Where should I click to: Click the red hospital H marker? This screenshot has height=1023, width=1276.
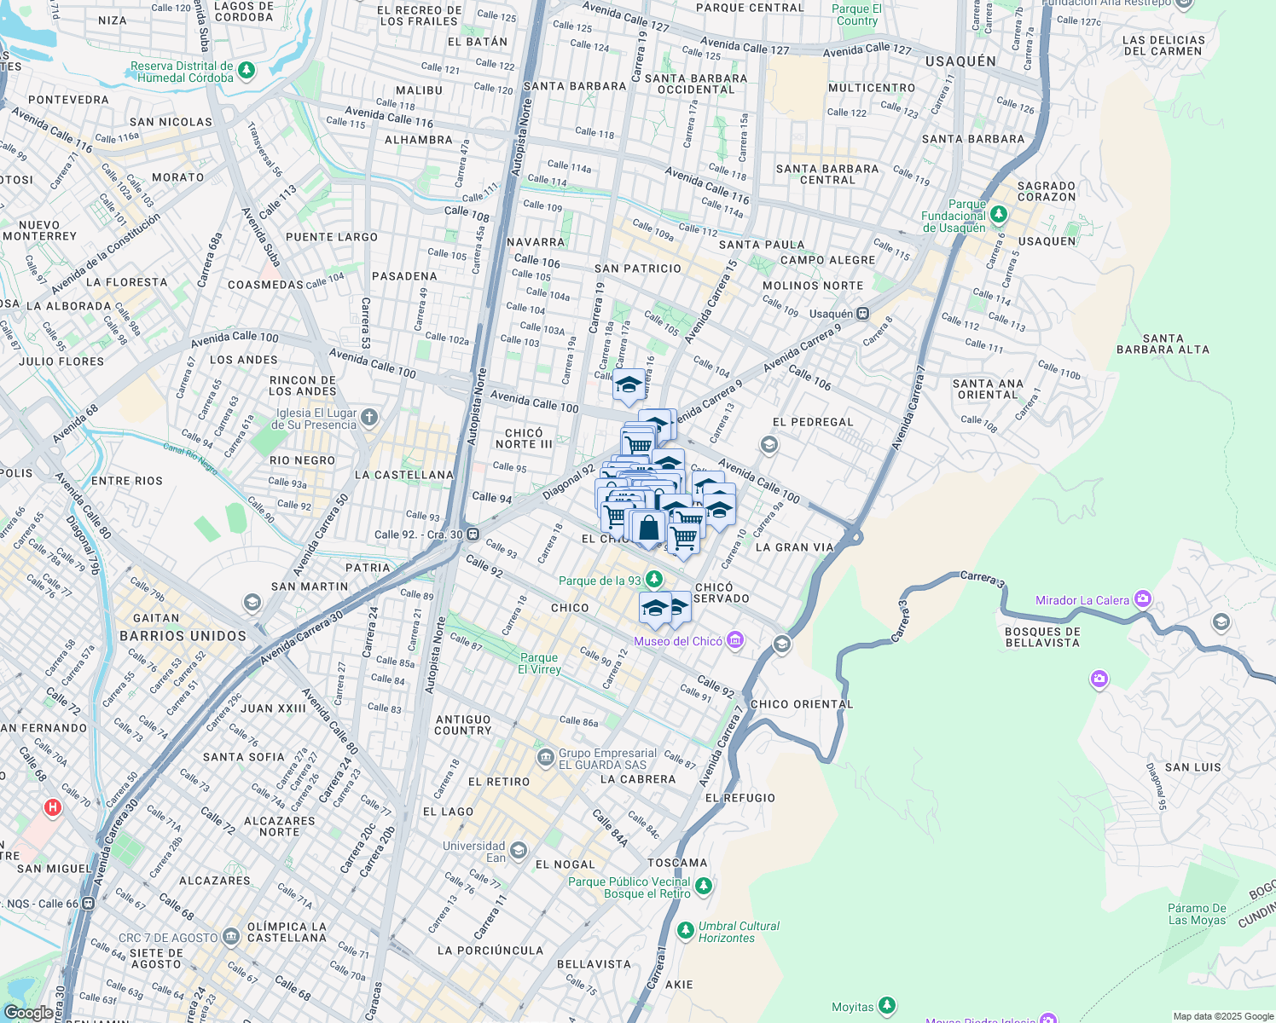click(52, 806)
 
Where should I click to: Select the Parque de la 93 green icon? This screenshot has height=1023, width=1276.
click(654, 580)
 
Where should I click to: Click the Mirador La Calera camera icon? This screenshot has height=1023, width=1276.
click(1142, 599)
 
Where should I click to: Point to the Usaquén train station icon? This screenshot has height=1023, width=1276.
click(863, 314)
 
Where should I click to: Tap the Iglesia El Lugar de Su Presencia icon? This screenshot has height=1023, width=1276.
click(368, 417)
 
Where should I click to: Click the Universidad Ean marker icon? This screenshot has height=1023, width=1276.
click(518, 851)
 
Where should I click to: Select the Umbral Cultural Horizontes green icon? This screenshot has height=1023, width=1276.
click(685, 930)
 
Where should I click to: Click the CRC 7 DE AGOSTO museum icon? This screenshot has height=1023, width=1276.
click(231, 937)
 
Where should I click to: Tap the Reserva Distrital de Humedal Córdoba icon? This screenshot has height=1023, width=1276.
click(246, 70)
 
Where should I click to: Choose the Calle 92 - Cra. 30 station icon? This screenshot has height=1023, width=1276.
click(473, 535)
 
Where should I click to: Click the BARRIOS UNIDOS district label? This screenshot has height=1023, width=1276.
click(183, 636)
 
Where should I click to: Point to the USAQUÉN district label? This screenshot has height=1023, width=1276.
click(960, 61)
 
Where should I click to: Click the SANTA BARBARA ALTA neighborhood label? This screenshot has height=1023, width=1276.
click(1163, 344)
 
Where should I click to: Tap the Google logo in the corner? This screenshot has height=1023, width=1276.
click(29, 1012)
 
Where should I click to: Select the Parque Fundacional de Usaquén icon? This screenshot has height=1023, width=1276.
click(999, 215)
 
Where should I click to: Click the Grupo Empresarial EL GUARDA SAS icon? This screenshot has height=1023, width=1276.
click(545, 757)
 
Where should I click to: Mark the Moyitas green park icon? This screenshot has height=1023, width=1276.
click(887, 1007)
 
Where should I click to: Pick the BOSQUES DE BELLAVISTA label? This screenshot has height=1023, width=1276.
click(1042, 637)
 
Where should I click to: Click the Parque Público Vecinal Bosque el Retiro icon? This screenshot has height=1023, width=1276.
click(703, 887)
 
